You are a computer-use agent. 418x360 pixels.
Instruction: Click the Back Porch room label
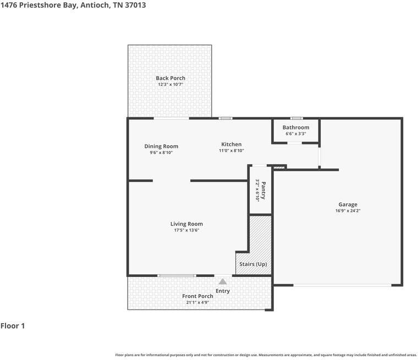[x=170, y=78]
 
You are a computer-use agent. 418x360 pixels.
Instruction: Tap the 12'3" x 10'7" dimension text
[x=170, y=85]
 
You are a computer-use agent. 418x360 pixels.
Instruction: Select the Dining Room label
[x=161, y=146]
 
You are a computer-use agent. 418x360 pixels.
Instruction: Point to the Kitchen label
[x=231, y=144]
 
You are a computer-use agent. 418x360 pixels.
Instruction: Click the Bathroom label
[x=296, y=128]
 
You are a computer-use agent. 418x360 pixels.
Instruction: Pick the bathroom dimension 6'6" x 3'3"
[x=296, y=134]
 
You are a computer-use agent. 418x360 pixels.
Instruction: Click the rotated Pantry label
[x=263, y=190]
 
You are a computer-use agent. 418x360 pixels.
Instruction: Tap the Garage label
[x=348, y=204]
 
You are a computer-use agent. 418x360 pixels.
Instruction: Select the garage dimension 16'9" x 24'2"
[x=348, y=211]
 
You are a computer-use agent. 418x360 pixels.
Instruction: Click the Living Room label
[x=186, y=224]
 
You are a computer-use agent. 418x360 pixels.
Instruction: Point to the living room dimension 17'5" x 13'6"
[x=186, y=230]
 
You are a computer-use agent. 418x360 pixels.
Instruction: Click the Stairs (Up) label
[x=253, y=264]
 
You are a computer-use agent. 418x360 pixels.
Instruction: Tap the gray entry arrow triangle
[x=223, y=281]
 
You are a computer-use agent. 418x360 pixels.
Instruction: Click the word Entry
[x=223, y=291]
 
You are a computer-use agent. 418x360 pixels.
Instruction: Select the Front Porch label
[x=197, y=296]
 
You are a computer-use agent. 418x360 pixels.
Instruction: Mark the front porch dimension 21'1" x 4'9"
[x=197, y=302]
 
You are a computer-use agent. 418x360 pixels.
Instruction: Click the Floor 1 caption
[x=13, y=326]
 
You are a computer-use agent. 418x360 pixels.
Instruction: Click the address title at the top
[x=73, y=5]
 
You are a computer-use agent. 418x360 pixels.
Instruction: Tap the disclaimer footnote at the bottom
[x=266, y=355]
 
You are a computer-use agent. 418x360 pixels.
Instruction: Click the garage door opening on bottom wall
[x=342, y=285]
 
